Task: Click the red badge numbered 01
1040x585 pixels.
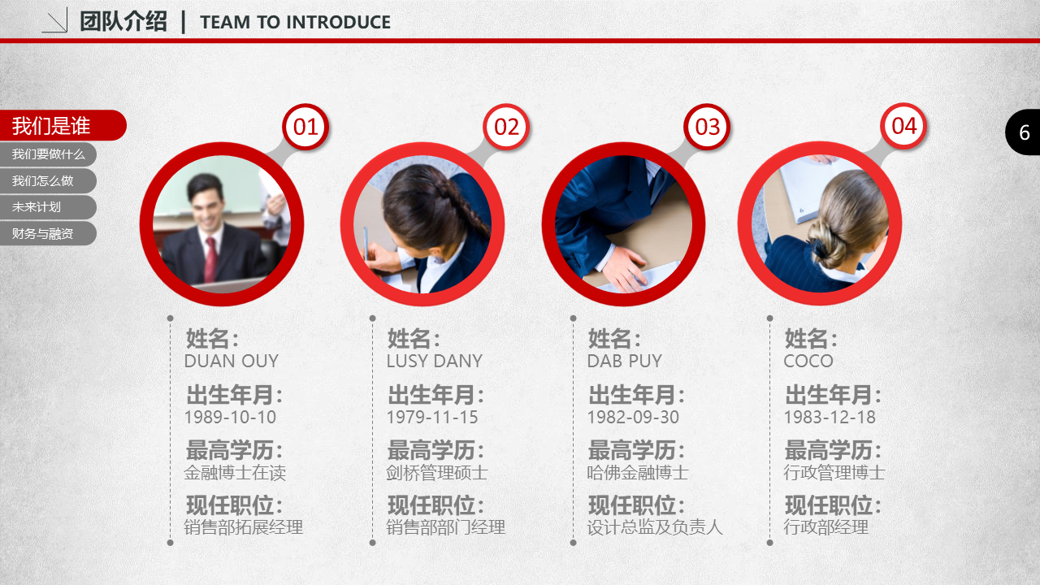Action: [x=305, y=127]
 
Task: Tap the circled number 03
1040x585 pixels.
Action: [x=707, y=127]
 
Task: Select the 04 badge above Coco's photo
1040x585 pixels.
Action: [x=903, y=126]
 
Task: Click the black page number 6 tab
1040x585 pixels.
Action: [x=1023, y=132]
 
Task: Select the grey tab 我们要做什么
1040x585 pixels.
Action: [x=47, y=154]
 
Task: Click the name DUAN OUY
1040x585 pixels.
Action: [x=232, y=361]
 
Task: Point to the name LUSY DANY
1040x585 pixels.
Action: [x=435, y=361]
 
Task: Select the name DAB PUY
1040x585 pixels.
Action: [x=625, y=361]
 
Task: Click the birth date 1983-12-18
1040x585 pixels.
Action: [x=830, y=417]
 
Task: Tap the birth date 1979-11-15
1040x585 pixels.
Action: [x=432, y=417]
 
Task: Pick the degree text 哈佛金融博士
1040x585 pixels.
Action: [x=638, y=473]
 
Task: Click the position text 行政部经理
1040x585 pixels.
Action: [x=826, y=527]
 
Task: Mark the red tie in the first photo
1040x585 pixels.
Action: [x=210, y=259]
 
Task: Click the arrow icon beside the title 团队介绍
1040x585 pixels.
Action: [x=54, y=21]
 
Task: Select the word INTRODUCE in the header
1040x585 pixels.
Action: [x=339, y=22]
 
